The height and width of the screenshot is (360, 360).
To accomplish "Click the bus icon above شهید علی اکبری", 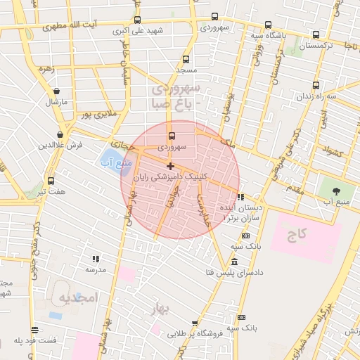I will pyautogui.click(x=137, y=20).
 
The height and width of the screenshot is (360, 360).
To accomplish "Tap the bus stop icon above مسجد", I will pyautogui.click(x=186, y=60).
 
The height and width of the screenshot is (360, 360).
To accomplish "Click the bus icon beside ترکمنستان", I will pyautogui.click(x=316, y=34).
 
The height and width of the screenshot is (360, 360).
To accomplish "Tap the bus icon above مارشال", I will pyautogui.click(x=56, y=91).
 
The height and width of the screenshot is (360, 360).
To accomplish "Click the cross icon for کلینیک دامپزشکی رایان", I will pyautogui.click(x=170, y=167).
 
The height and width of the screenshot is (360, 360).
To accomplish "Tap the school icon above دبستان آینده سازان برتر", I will pyautogui.click(x=241, y=198).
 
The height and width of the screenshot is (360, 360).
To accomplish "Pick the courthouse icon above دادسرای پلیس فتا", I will pyautogui.click(x=233, y=262).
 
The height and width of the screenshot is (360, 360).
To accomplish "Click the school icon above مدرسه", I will pyautogui.click(x=95, y=259).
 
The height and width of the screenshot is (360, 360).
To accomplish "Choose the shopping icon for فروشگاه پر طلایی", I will pyautogui.click(x=195, y=323).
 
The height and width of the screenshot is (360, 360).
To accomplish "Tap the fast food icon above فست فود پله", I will pyautogui.click(x=34, y=330).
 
